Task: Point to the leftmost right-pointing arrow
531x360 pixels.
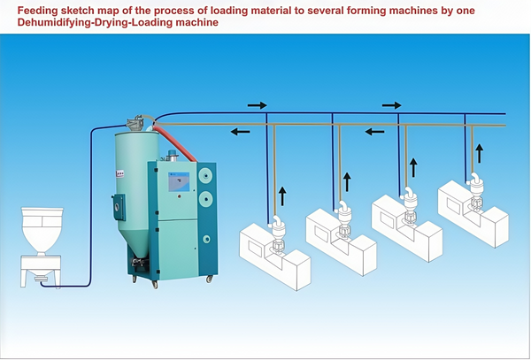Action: point(257,105)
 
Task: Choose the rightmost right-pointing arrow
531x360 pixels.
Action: point(391,105)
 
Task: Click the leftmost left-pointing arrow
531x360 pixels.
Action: point(239,133)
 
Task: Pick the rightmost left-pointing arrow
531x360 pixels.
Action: point(374,133)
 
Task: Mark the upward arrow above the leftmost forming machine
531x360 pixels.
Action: point(283,194)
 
